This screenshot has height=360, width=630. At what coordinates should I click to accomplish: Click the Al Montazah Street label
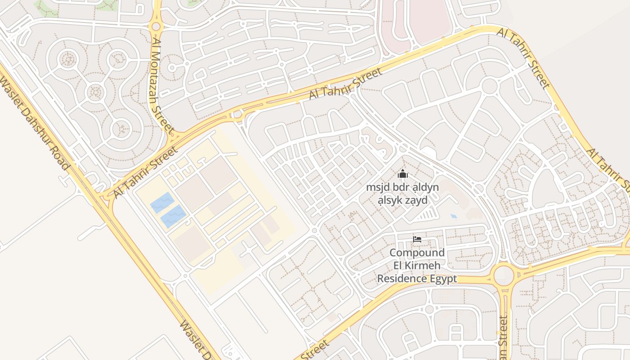(162, 85)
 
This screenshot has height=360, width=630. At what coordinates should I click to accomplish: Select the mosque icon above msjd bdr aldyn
(402, 174)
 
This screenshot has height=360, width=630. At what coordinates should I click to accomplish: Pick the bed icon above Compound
(417, 239)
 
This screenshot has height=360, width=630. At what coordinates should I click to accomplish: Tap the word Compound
(417, 253)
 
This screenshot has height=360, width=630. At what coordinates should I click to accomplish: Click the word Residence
(402, 279)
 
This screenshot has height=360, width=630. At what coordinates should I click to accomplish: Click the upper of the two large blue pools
(162, 202)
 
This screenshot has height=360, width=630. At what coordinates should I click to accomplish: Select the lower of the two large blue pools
(173, 216)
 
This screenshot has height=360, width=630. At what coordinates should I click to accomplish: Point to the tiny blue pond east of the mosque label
(453, 216)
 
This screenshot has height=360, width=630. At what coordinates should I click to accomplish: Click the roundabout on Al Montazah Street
(156, 26)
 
